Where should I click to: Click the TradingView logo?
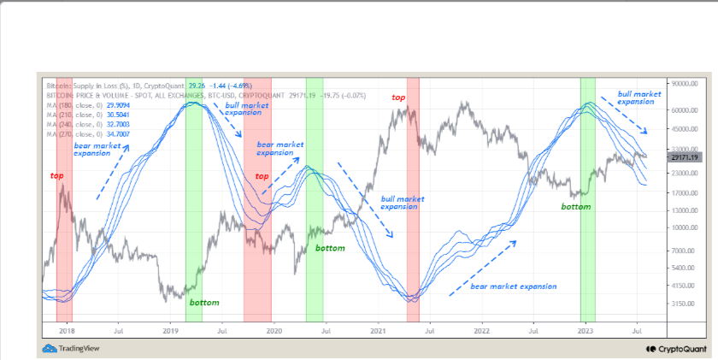pyautogui.click(x=68, y=348)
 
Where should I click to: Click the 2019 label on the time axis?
pyautogui.click(x=170, y=329)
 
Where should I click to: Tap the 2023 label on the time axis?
pyautogui.click(x=586, y=329)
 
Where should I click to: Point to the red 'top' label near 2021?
pyautogui.click(x=399, y=98)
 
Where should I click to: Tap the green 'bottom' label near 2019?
pyautogui.click(x=204, y=303)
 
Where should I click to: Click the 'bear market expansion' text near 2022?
pyautogui.click(x=514, y=286)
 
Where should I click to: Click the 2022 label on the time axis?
pyautogui.click(x=482, y=329)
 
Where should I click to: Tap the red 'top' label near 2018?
pyautogui.click(x=56, y=175)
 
